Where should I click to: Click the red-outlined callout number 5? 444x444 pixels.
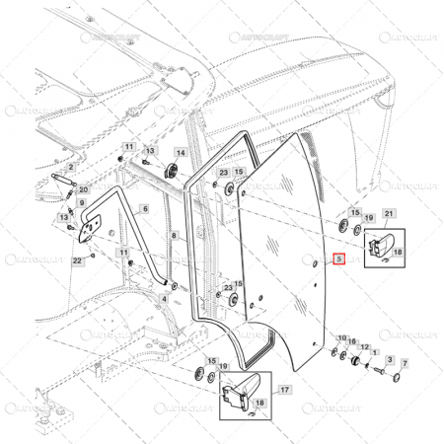point(338,261)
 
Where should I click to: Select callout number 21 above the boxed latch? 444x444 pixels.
point(389,214)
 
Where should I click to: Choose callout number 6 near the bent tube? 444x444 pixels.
point(145,209)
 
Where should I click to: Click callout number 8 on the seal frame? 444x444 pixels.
point(174,237)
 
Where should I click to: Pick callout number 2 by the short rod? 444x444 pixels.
point(71,167)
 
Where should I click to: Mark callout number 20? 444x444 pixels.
point(83,189)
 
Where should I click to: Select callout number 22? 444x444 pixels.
point(77,260)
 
